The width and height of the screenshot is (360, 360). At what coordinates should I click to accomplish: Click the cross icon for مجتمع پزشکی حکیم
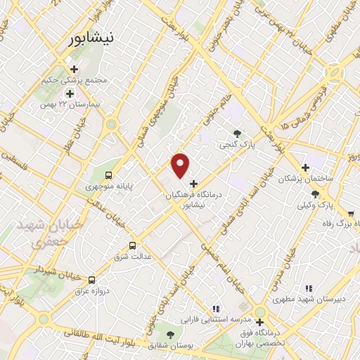(73, 69)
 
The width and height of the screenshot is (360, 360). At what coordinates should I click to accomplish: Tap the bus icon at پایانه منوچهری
(108, 174)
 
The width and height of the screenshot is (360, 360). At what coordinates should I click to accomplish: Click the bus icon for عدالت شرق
(133, 245)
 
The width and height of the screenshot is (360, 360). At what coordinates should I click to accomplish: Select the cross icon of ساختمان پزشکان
(305, 167)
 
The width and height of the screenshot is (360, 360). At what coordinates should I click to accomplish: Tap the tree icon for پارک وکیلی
(314, 193)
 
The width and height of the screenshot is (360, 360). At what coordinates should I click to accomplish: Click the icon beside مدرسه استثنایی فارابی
(217, 308)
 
